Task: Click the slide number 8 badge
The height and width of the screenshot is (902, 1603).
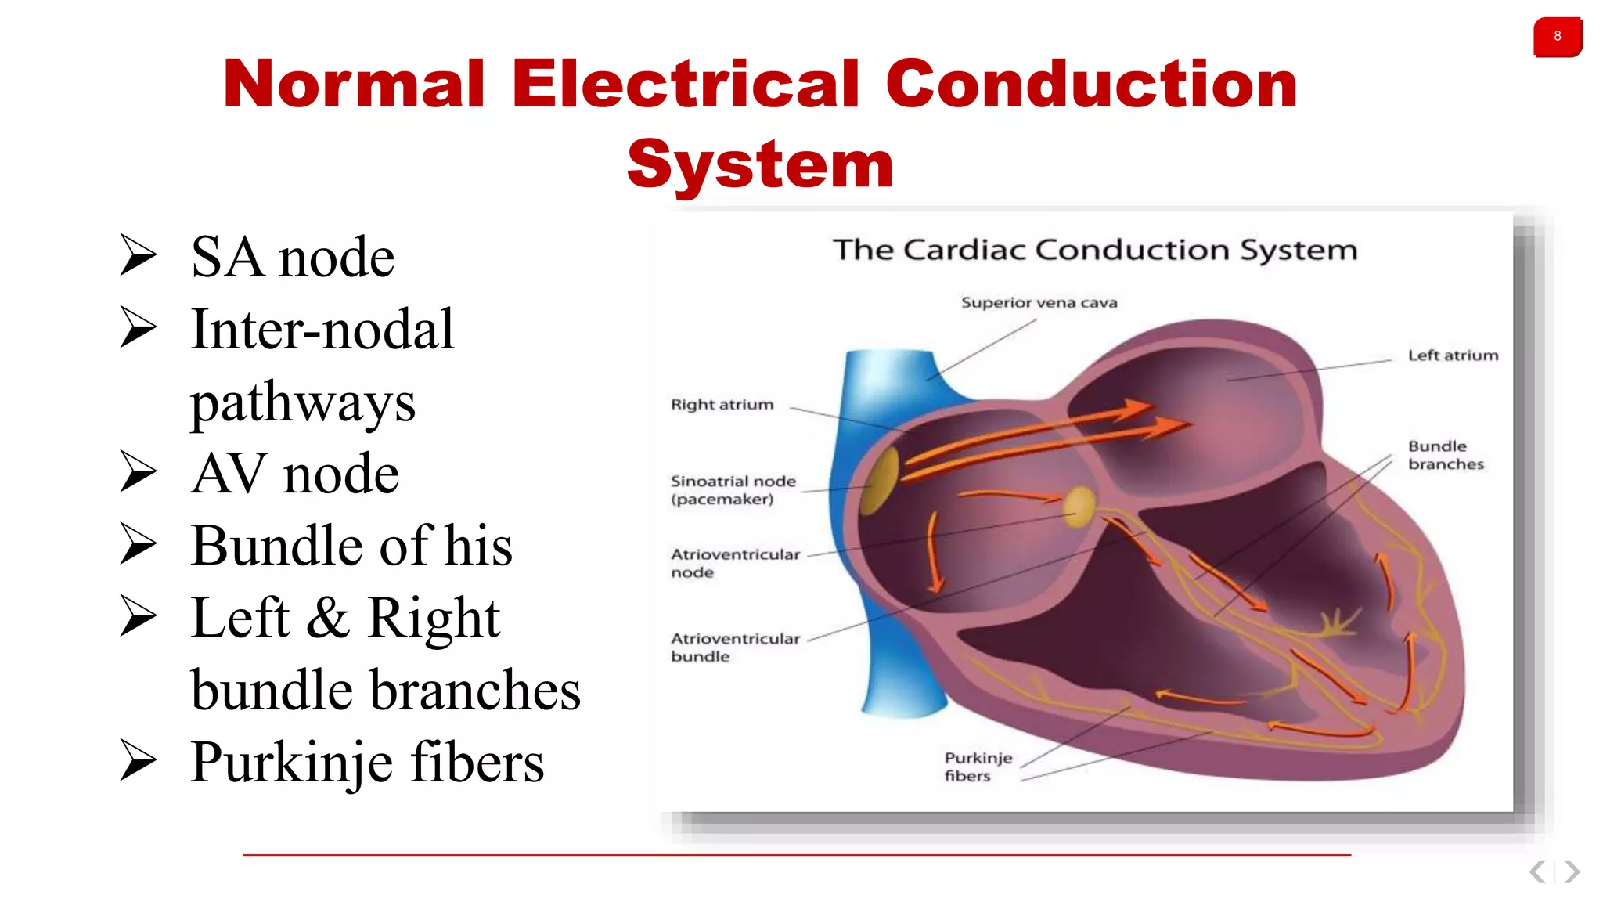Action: click(1557, 37)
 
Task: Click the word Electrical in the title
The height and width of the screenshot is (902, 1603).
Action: click(686, 84)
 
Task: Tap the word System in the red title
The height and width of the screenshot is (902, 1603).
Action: click(759, 164)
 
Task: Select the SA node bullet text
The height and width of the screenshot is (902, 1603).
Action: click(292, 257)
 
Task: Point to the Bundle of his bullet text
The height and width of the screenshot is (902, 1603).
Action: click(351, 545)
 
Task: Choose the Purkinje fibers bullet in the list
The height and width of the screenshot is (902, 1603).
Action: click(367, 762)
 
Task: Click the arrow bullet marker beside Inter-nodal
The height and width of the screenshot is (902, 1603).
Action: click(139, 328)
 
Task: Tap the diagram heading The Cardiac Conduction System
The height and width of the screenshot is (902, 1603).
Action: click(1094, 250)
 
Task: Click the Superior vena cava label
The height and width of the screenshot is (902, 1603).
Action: click(1039, 303)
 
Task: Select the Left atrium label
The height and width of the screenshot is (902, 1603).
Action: click(1453, 355)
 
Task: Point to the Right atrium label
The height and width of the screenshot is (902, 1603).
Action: click(722, 405)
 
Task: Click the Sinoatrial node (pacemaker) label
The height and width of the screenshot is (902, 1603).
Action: click(733, 490)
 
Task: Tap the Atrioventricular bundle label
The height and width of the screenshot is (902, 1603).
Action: click(734, 648)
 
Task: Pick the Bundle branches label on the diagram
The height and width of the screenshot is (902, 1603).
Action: click(1445, 455)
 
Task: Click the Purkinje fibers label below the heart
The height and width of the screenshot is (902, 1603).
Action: click(978, 767)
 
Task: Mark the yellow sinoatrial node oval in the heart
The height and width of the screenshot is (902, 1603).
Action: click(882, 479)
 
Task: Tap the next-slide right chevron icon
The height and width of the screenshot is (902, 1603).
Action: click(1572, 871)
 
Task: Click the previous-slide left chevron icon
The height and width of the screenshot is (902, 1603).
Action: click(1537, 871)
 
